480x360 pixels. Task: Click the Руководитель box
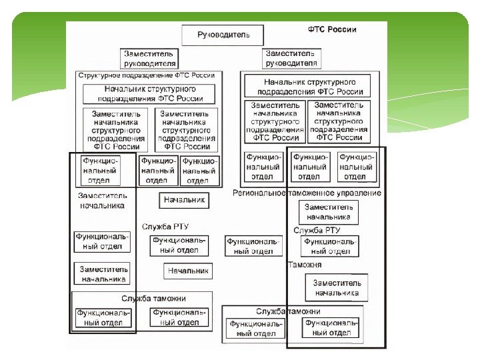[223, 35]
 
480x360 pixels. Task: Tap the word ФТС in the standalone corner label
[317, 30]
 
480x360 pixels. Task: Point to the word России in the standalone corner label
[343, 30]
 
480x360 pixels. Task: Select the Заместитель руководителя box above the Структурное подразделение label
[150, 59]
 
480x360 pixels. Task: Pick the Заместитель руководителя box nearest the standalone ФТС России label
[291, 58]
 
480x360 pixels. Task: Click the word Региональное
[259, 193]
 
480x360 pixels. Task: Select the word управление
[361, 193]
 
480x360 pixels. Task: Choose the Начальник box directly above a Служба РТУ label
[184, 200]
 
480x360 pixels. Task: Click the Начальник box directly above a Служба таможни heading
[188, 271]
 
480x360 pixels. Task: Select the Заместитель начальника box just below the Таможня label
[337, 287]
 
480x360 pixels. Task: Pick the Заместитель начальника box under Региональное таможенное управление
[328, 212]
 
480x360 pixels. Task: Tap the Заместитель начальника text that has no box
[101, 201]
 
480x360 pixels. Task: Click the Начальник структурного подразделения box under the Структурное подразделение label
[149, 93]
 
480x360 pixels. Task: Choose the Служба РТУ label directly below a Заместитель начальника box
[317, 230]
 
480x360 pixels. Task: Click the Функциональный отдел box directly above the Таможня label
[331, 246]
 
